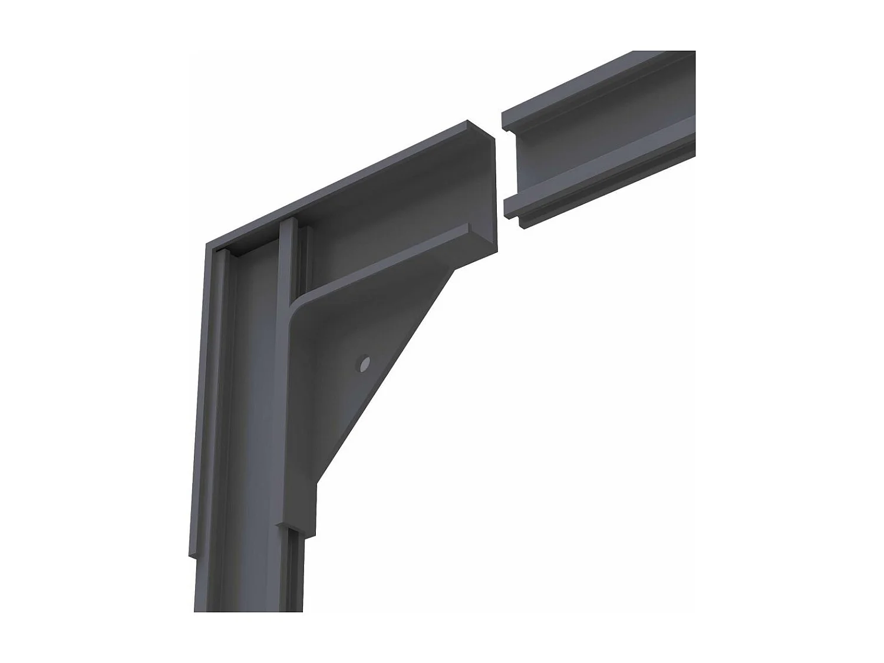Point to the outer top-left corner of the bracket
(x=207, y=243)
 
